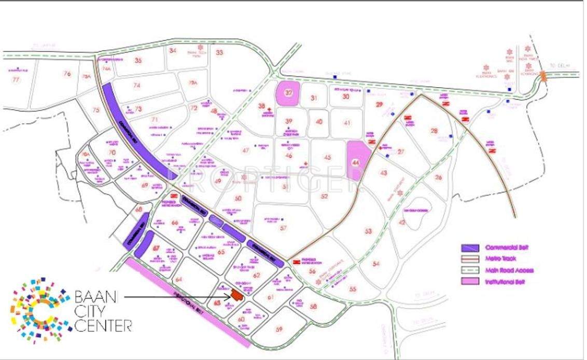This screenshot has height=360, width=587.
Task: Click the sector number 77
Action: (x=16, y=79)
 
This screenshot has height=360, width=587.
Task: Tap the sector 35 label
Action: (x=138, y=60)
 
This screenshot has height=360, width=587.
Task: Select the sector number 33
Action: (x=219, y=52)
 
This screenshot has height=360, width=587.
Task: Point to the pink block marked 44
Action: (x=357, y=161)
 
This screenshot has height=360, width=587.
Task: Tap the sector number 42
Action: (x=401, y=223)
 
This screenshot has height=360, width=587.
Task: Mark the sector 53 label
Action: (x=369, y=231)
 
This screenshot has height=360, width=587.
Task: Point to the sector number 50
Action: (x=237, y=199)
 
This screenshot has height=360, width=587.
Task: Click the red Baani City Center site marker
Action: (x=237, y=295)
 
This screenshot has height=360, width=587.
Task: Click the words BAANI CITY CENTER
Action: (x=103, y=311)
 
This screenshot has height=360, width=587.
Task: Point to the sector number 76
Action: (x=67, y=74)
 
